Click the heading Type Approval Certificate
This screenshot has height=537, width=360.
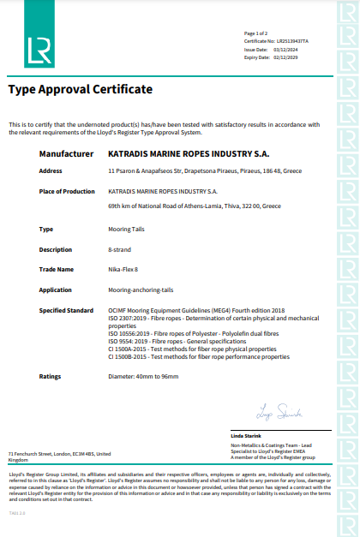point(81,89)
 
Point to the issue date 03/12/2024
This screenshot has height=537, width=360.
point(285,49)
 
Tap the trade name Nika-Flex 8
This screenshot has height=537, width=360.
point(123,269)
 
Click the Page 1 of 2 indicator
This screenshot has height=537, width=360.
point(255,32)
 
